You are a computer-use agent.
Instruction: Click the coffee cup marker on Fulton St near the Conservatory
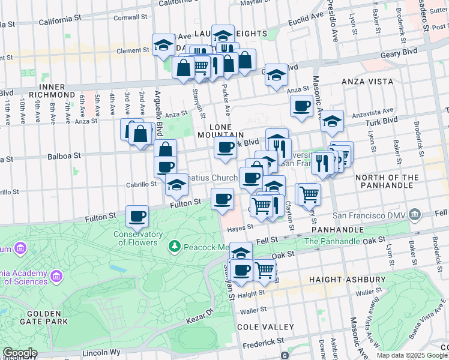point(137,216)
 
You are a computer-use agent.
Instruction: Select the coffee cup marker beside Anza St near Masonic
point(302,107)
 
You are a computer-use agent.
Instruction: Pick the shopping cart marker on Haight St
point(265,270)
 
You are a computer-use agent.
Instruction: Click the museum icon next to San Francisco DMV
point(414,214)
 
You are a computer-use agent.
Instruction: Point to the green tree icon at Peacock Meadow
point(174,246)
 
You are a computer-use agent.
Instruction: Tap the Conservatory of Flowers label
point(138,239)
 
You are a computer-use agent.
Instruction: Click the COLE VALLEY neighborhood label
point(265,327)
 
